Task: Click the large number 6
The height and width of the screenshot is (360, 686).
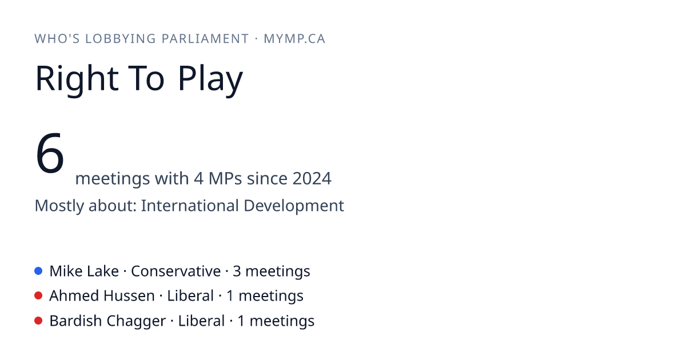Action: (50, 153)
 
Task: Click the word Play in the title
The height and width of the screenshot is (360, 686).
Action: (210, 79)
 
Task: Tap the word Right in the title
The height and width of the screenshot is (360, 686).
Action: (77, 79)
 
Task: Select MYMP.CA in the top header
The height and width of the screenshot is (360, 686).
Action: (294, 39)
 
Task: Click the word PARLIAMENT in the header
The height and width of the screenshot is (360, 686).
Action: (205, 39)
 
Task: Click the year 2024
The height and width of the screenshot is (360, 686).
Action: (312, 178)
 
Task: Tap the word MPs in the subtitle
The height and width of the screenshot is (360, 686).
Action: (225, 178)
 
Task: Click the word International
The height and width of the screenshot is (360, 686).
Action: (190, 205)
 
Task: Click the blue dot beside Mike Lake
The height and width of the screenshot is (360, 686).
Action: (38, 271)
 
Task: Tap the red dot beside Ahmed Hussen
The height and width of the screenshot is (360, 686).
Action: (38, 296)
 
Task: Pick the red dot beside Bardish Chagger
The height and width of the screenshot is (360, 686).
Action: (38, 321)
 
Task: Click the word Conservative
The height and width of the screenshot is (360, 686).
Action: (176, 271)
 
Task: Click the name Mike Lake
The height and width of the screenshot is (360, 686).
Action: (84, 271)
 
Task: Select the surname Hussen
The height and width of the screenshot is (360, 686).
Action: (129, 296)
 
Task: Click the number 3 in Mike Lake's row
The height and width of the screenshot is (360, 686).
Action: (237, 271)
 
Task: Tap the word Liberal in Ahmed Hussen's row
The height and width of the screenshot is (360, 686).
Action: (190, 296)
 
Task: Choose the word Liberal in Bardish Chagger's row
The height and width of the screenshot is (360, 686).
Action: (201, 321)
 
